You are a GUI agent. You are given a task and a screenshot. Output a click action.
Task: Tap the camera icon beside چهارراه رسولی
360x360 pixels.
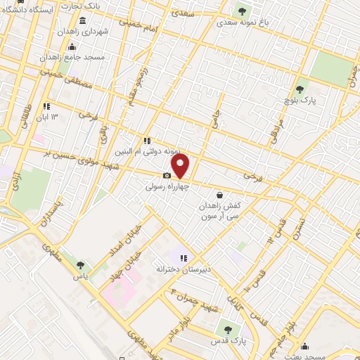tap(167, 176)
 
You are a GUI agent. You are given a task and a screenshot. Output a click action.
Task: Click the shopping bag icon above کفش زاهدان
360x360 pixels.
tap(220, 195)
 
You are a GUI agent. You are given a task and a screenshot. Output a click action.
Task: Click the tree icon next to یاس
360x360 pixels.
tap(79, 265)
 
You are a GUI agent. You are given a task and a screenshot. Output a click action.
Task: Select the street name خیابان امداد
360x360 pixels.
tap(114, 241)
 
